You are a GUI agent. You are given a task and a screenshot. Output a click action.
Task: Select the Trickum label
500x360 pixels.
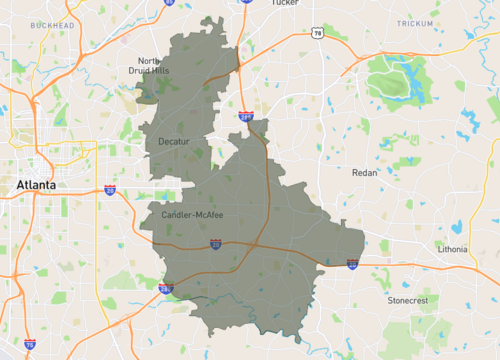pyautogui.click(x=415, y=22)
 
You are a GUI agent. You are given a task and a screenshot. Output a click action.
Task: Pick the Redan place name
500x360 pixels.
pyautogui.click(x=364, y=173)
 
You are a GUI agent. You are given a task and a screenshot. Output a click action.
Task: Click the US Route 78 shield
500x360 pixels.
pyautogui.click(x=315, y=33)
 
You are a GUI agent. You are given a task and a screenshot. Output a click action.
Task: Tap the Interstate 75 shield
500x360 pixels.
pyautogui.click(x=30, y=344)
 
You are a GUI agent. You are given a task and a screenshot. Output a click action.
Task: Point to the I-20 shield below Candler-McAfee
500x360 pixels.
pyautogui.click(x=215, y=243)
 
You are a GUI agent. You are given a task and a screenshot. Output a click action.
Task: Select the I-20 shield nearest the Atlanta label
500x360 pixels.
pyautogui.click(x=109, y=188)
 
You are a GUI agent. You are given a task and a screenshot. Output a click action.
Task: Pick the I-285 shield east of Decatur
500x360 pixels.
pyautogui.click(x=247, y=117)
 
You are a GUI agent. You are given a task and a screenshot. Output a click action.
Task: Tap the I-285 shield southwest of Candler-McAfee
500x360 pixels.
pyautogui.click(x=165, y=288)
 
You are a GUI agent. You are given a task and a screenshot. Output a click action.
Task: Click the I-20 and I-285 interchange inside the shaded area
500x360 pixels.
pyautogui.click(x=256, y=245)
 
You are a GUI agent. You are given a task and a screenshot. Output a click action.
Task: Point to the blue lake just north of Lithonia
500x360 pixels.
pyautogui.click(x=456, y=226)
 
